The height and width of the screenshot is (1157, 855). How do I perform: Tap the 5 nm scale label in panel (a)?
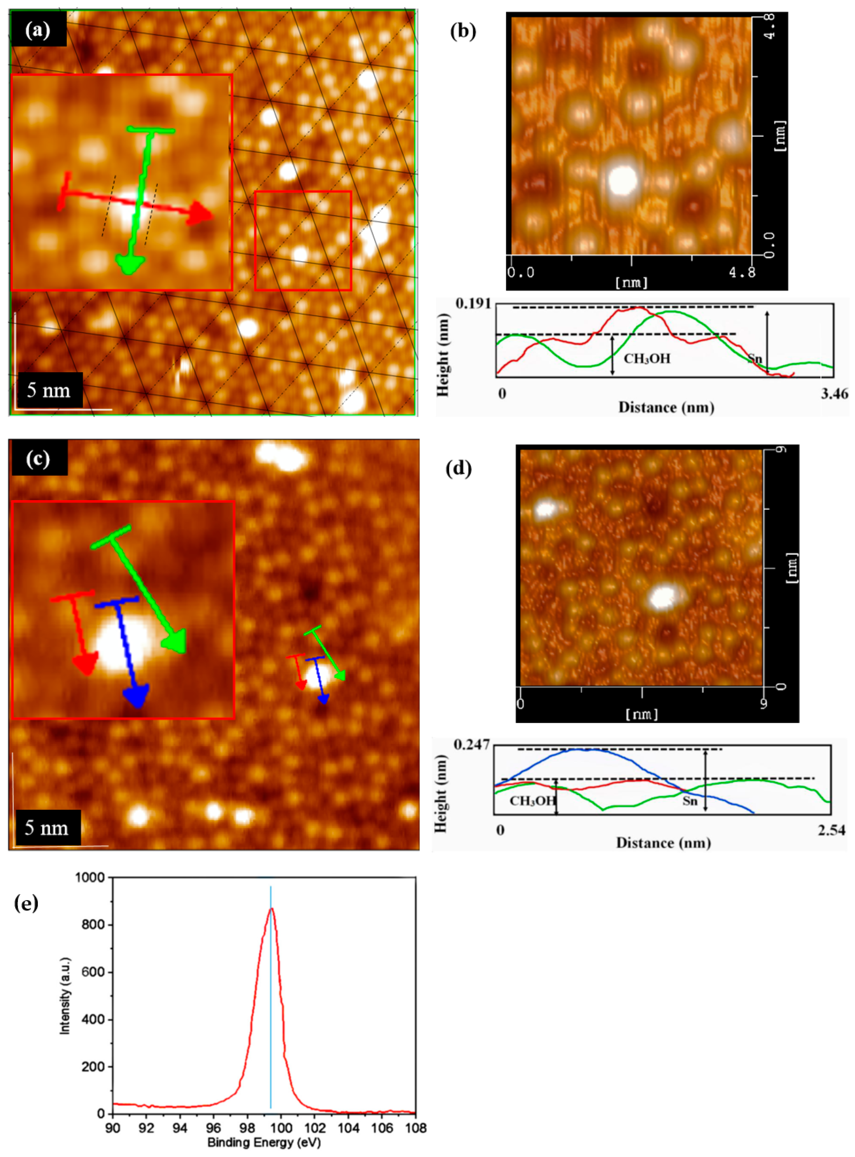tap(49, 390)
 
